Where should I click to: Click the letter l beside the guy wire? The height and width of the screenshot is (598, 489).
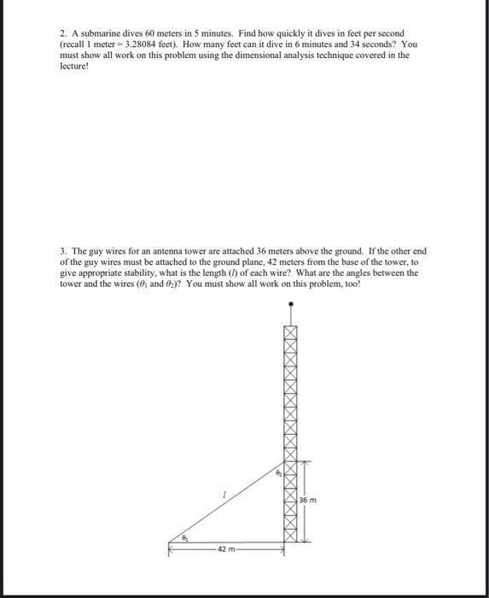coord(223,494)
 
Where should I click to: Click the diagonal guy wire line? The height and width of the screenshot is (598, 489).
coord(230,504)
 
